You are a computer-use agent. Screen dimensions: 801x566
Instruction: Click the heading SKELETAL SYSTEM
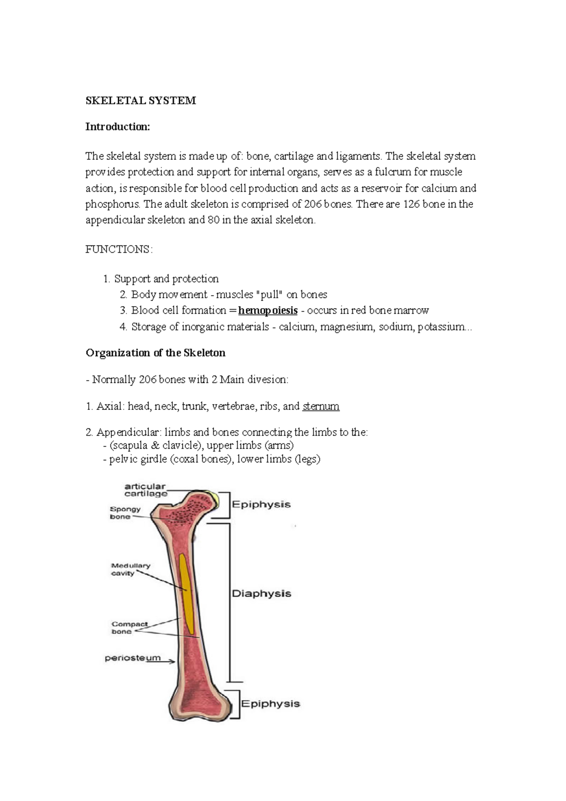pyautogui.click(x=141, y=100)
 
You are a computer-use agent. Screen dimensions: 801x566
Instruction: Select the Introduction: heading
pyautogui.click(x=117, y=126)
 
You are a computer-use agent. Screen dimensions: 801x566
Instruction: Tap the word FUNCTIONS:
pyautogui.click(x=119, y=249)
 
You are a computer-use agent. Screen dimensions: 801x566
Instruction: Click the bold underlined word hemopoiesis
pyautogui.click(x=268, y=310)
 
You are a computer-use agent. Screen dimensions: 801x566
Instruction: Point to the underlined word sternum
pyautogui.click(x=321, y=406)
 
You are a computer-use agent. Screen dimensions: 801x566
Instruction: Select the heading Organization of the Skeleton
pyautogui.click(x=156, y=353)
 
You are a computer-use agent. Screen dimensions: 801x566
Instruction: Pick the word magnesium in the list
pyautogui.click(x=346, y=326)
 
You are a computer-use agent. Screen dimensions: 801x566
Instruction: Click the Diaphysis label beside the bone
pyautogui.click(x=261, y=594)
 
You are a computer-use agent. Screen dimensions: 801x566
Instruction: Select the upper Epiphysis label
pyautogui.click(x=261, y=504)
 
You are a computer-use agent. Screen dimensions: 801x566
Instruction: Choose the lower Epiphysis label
pyautogui.click(x=271, y=704)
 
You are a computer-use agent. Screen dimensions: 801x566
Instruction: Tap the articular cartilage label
pyautogui.click(x=145, y=490)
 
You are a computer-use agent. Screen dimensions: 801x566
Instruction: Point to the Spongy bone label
pyautogui.click(x=125, y=513)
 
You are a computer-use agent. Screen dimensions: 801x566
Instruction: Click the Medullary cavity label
pyautogui.click(x=130, y=569)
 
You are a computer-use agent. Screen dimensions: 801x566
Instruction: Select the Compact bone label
pyautogui.click(x=129, y=627)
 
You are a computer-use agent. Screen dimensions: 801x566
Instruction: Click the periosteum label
pyautogui.click(x=133, y=658)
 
